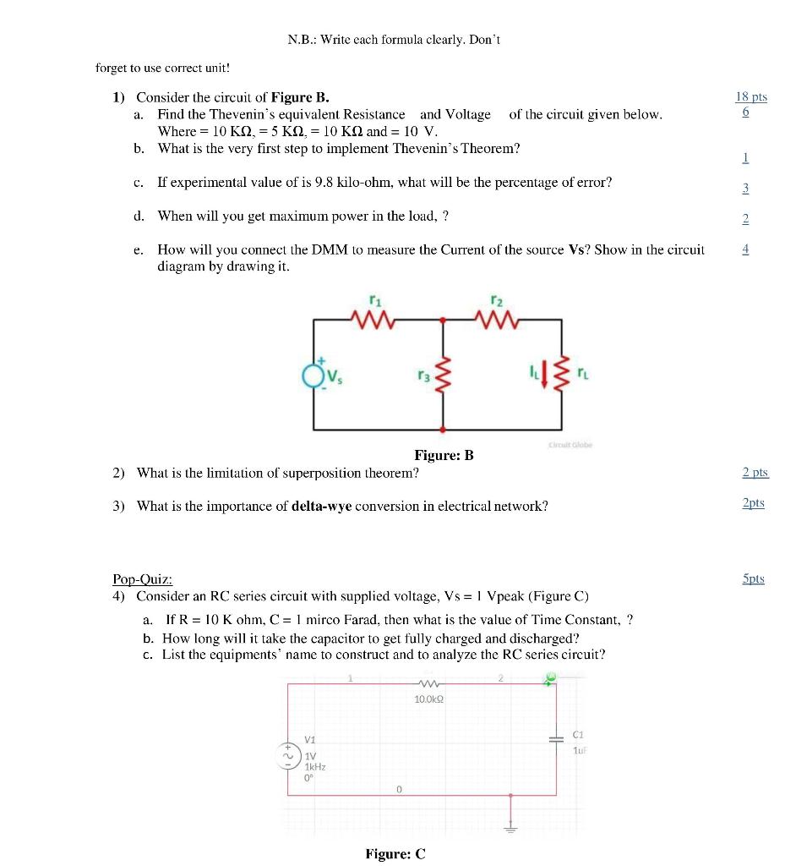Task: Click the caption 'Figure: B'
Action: pos(444,456)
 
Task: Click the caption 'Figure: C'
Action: pos(395,853)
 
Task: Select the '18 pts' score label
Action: pos(751,96)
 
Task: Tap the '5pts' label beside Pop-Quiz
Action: pos(753,578)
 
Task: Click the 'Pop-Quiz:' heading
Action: pos(143,579)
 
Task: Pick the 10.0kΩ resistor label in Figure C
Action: pos(429,699)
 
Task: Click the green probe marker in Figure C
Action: pos(551,677)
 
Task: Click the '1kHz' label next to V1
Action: pos(314,766)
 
